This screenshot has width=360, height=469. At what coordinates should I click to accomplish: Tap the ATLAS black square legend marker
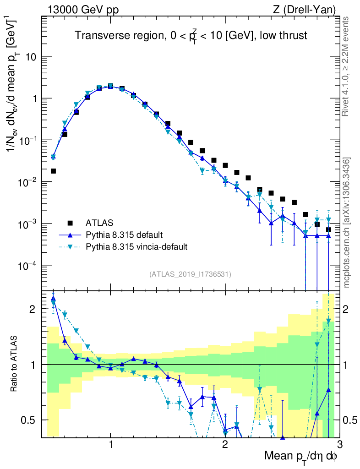pos(70,223)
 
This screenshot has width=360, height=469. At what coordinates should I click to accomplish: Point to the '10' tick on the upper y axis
pos(31,57)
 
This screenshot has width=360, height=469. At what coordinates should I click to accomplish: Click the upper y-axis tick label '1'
pos(34,98)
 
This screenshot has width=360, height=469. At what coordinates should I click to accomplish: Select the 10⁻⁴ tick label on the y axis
pos(28,266)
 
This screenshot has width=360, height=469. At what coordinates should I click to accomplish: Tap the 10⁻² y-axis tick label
pos(28,182)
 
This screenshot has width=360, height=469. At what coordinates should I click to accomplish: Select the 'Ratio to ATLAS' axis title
pos(15,365)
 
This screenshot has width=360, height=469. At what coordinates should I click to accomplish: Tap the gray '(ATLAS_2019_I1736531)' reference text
pos(190,274)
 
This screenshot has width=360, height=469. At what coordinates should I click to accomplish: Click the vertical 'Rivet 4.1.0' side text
pos(347,66)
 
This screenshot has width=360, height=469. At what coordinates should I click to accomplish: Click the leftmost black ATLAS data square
pos(53,171)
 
